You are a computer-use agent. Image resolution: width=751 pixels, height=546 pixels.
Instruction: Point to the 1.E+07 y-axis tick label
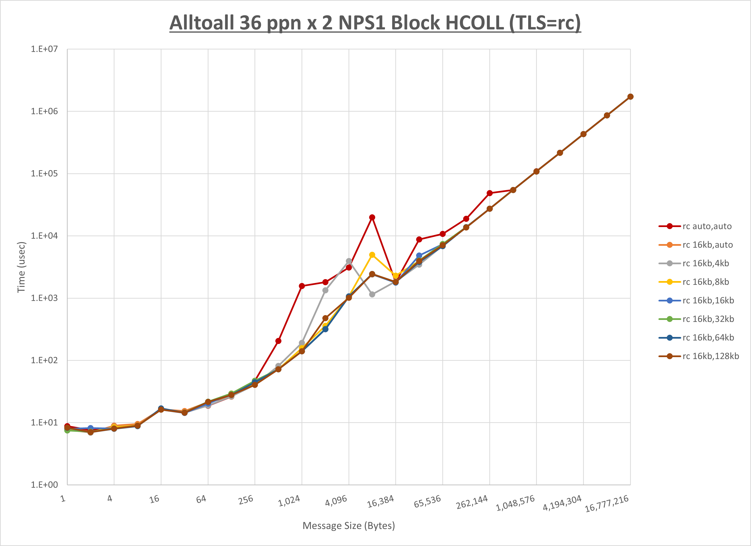pos(44,49)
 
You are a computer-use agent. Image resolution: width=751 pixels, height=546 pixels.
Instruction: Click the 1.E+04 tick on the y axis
pos(44,236)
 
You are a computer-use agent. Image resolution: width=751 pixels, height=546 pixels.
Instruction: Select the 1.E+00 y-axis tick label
pos(44,485)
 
